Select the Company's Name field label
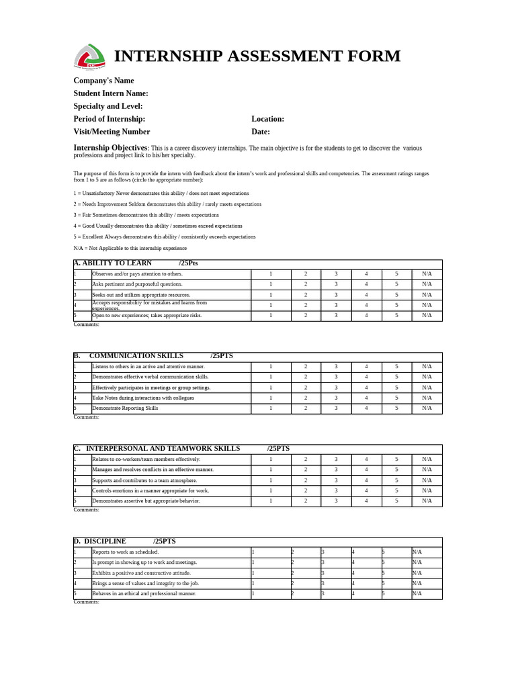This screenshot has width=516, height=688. (103, 81)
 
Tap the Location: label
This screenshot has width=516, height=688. (267, 119)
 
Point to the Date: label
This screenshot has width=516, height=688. (260, 132)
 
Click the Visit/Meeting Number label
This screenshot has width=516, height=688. (112, 132)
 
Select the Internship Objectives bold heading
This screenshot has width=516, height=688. (110, 148)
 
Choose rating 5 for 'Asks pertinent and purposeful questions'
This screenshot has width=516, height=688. (396, 284)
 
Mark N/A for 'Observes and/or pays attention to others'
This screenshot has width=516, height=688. (427, 274)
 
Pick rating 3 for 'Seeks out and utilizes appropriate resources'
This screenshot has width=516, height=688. (336, 295)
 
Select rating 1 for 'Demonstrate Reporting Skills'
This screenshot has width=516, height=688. (271, 408)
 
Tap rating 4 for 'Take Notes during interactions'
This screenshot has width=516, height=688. (366, 398)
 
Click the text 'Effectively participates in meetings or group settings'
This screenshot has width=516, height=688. (151, 388)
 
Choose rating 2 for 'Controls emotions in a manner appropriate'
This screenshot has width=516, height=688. (305, 490)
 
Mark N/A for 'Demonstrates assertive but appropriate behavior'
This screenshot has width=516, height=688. (427, 501)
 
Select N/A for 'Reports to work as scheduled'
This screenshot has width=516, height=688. (417, 552)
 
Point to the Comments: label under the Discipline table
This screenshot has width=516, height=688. (86, 602)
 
